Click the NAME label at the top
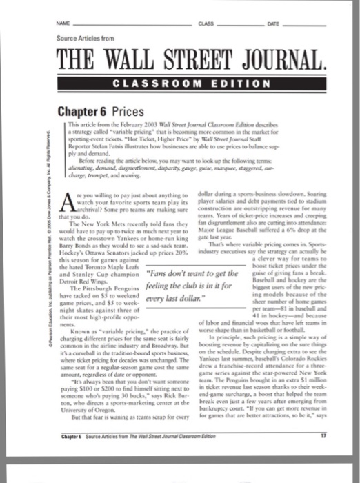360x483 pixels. pos(66,23)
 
